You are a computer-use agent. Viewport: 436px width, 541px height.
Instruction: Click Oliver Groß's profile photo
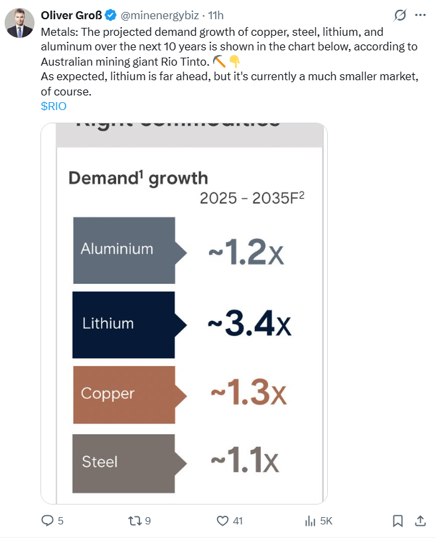(x=19, y=23)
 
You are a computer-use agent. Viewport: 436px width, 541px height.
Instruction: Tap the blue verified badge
(x=111, y=15)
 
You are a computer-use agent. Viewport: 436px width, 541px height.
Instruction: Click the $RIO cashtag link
(x=54, y=105)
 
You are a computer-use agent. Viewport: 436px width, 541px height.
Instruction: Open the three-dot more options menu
(x=419, y=15)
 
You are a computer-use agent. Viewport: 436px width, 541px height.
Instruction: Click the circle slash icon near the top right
(x=400, y=15)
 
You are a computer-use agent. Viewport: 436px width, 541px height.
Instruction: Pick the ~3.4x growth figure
(x=249, y=324)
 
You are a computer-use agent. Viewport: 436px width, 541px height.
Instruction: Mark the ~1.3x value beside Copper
(x=248, y=394)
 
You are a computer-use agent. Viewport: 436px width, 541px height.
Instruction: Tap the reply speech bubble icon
(x=48, y=521)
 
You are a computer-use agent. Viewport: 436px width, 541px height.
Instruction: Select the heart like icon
(x=223, y=521)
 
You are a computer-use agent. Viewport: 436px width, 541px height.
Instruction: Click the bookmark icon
(x=397, y=521)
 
